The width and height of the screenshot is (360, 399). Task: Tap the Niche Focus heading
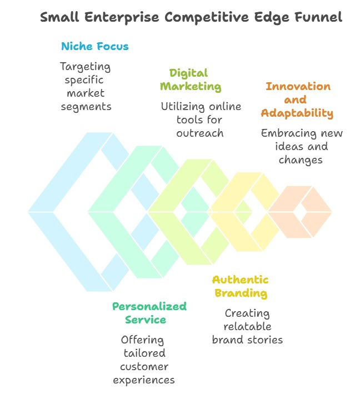94,46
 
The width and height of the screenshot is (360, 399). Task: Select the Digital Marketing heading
191,80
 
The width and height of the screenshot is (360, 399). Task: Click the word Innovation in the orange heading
298,86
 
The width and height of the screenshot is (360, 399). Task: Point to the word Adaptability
298,113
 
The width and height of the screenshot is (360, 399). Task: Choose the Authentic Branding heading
240,286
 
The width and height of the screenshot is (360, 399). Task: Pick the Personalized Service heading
149,313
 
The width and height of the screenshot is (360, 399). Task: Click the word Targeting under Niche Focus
86,67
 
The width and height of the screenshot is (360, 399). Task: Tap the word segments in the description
86,106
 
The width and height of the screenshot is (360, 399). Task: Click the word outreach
200,133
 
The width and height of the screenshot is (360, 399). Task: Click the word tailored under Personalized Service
145,353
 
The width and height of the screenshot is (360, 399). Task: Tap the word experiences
144,380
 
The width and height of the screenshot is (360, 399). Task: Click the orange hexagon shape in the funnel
301,212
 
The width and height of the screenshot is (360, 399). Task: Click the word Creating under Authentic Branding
247,313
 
